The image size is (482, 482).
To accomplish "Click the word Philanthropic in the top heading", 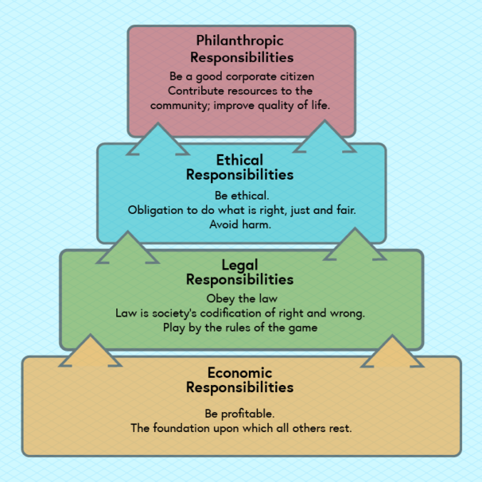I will pos(240,41).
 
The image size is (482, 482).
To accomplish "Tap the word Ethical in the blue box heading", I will pos(239,161).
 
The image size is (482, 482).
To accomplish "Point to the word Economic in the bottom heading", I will pos(239,373).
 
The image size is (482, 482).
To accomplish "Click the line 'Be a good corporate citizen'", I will pos(242,76).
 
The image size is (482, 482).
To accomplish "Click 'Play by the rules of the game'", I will pos(240,327).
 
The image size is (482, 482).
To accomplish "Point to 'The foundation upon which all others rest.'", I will pos(241,428).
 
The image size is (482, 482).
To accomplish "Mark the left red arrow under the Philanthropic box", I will pos(158,139).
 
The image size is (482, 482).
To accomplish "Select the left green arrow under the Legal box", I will pos(91,351).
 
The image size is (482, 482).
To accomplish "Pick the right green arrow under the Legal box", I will pos(391,352).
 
